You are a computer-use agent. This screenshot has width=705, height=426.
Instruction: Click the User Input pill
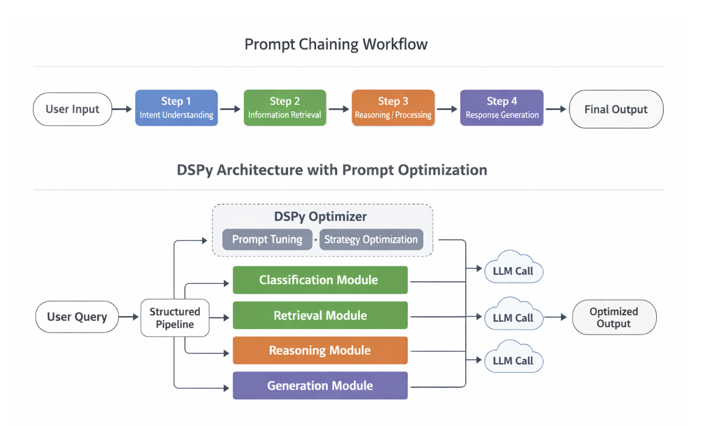(73, 109)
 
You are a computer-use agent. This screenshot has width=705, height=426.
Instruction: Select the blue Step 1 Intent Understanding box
(176, 108)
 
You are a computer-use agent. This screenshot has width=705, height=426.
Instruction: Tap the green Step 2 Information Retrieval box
(285, 108)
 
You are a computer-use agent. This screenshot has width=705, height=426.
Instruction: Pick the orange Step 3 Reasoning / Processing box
(393, 108)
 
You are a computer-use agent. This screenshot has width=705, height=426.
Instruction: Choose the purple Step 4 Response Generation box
(501, 108)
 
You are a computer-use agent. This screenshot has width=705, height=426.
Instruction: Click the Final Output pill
(616, 109)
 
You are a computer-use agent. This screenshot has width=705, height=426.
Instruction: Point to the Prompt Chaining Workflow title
(336, 44)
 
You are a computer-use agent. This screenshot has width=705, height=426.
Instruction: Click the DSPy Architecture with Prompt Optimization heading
(331, 170)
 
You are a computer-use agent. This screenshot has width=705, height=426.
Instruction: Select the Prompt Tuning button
(267, 240)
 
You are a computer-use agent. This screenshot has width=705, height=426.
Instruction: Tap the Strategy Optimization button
(371, 240)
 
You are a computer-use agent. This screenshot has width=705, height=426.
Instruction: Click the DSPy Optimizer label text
(320, 217)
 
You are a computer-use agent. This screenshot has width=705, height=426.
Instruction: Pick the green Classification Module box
(319, 280)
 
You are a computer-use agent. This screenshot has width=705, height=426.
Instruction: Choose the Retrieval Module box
(319, 315)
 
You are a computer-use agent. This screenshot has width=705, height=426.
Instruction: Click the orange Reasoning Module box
(319, 350)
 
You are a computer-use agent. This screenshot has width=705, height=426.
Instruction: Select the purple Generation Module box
(319, 385)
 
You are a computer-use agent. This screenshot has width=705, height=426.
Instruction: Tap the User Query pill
(77, 317)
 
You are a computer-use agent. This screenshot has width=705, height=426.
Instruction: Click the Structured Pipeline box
(174, 318)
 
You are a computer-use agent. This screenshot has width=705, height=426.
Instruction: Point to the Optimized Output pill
(613, 318)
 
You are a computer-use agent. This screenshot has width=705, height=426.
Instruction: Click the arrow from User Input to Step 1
(122, 109)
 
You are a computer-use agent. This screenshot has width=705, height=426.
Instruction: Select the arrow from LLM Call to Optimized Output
(556, 318)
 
